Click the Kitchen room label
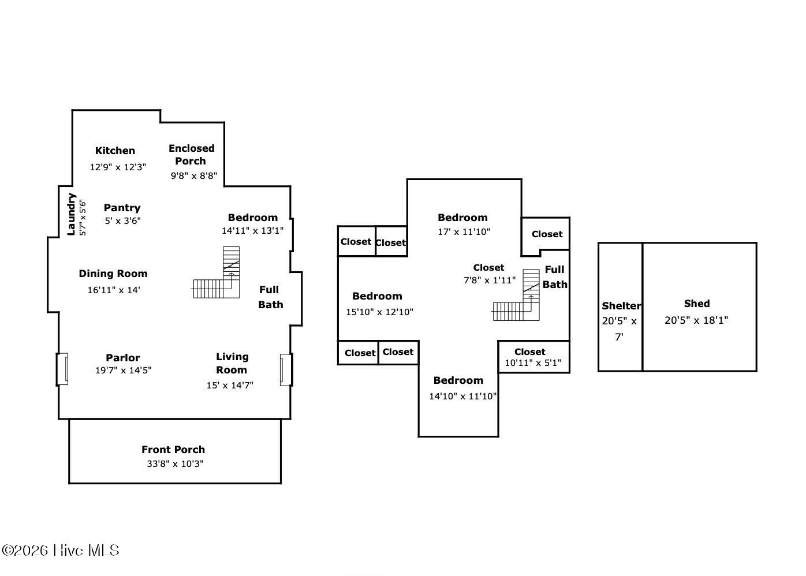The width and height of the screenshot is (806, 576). [x=115, y=151]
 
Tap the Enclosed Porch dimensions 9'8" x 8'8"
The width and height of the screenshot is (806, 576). [x=194, y=175]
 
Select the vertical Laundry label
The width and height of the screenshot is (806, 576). [x=71, y=215]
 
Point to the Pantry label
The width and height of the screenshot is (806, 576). [x=122, y=208]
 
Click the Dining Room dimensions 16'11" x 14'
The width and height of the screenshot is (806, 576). [x=114, y=290]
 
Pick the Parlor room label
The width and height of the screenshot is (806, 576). [x=123, y=358]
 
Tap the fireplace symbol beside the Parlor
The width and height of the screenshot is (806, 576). [x=62, y=369]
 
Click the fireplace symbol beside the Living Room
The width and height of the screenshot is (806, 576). [x=286, y=370]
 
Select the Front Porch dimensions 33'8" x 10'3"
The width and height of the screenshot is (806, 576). [x=175, y=464]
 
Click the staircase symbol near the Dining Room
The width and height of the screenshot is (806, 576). [x=217, y=272]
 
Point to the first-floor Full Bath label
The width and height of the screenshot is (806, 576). [x=271, y=297]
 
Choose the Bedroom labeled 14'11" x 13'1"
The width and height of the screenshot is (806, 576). [x=253, y=218]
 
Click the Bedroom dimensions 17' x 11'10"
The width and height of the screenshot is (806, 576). [x=464, y=231]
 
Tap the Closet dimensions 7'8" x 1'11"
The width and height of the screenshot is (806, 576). [x=490, y=280]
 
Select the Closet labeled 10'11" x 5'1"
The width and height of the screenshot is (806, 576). [x=529, y=351]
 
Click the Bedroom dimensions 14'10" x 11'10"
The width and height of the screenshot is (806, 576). [x=462, y=396]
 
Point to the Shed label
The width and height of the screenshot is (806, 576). [x=697, y=303]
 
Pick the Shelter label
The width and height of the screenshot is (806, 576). [x=621, y=306]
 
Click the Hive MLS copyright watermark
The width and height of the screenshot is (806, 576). [x=61, y=551]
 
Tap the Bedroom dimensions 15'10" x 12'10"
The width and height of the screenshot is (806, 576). [x=379, y=312]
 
